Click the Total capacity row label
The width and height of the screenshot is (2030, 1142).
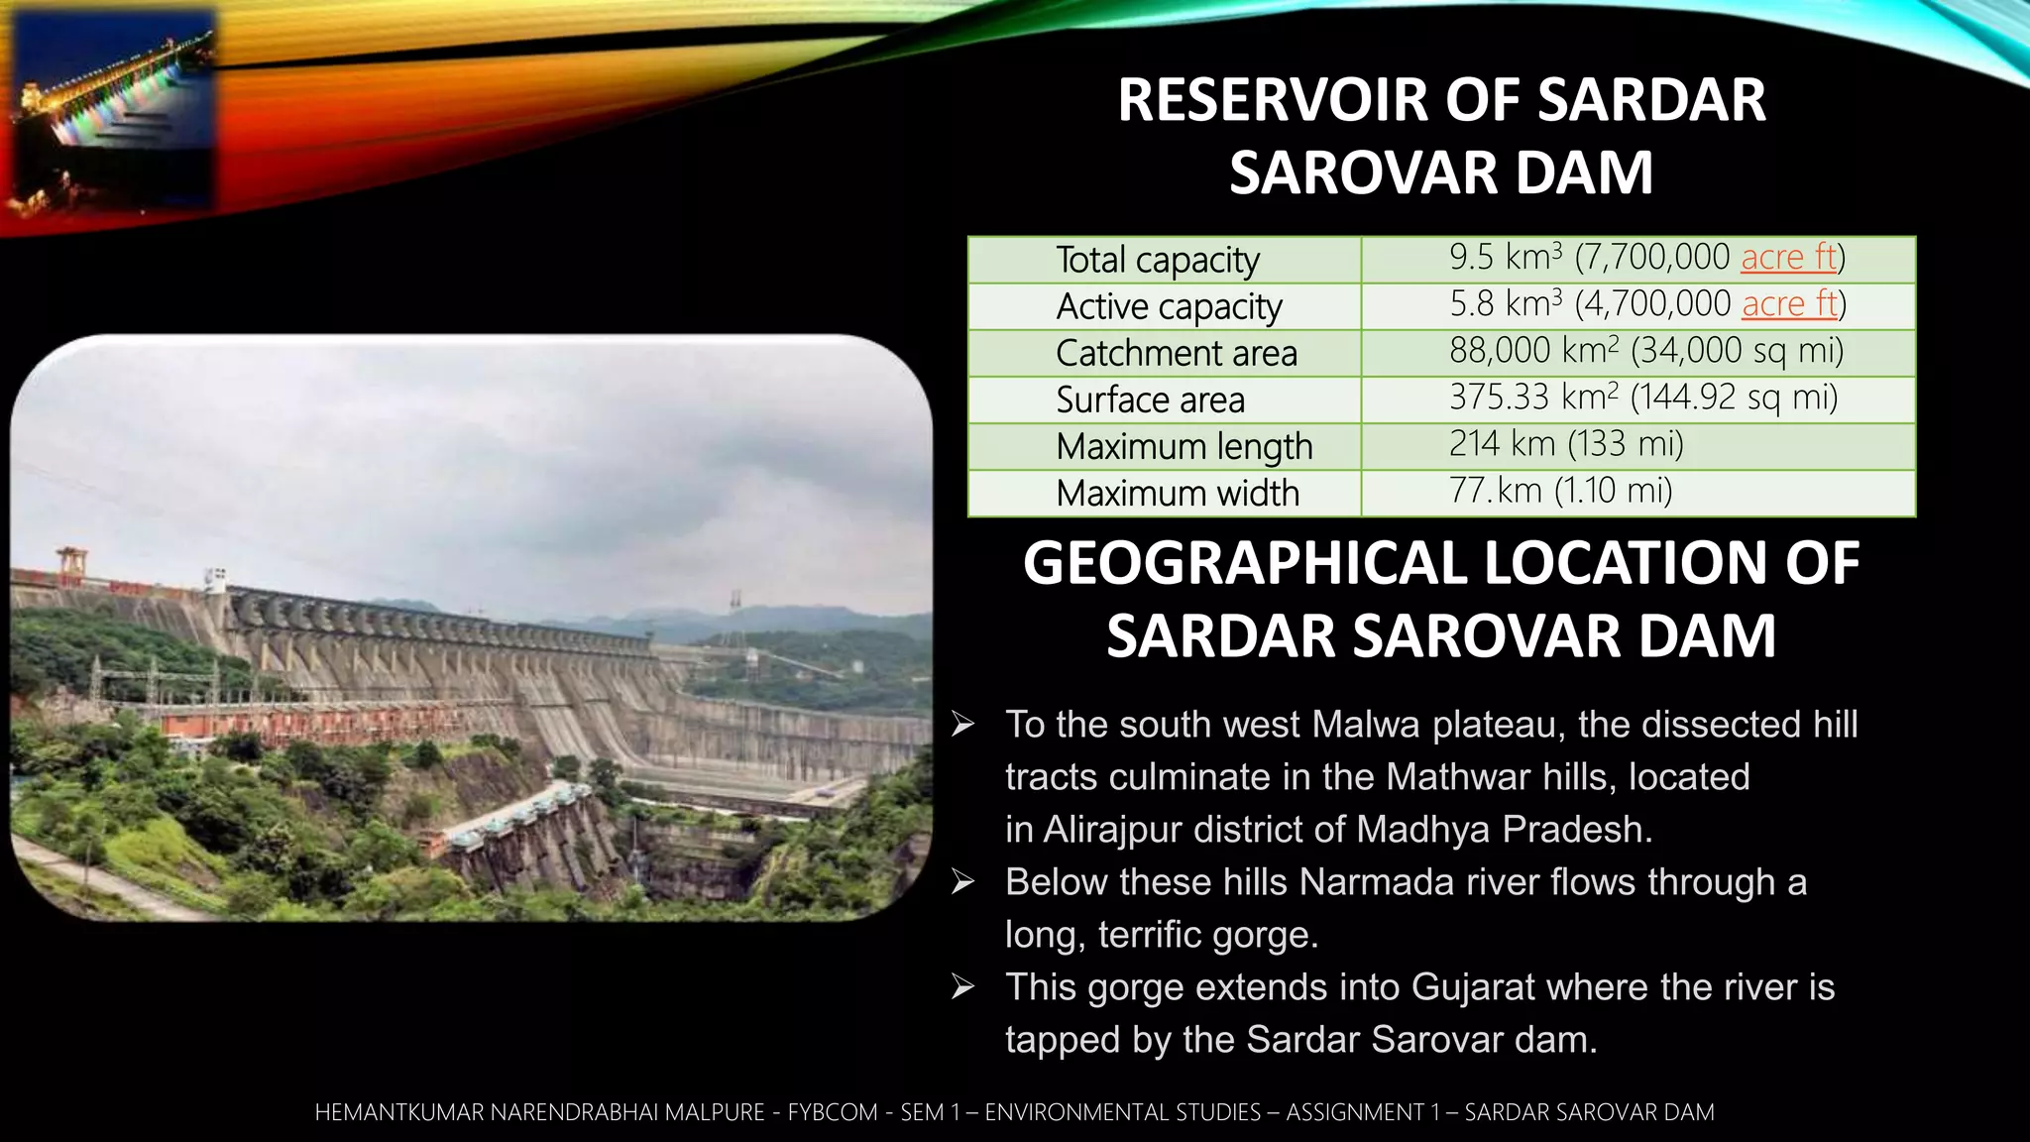tap(1157, 260)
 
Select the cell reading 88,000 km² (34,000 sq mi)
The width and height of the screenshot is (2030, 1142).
tap(1645, 350)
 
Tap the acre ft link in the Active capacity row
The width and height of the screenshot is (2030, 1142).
tap(1789, 303)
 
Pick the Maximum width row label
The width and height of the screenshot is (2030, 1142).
tap(1177, 493)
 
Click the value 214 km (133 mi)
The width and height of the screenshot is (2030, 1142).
tap(1566, 443)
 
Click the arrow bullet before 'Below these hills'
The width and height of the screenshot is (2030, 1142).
tap(962, 881)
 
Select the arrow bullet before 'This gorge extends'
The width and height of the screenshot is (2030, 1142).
tap(962, 986)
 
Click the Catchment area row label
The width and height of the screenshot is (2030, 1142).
tap(1176, 353)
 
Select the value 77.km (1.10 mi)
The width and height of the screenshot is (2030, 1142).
tap(1560, 490)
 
